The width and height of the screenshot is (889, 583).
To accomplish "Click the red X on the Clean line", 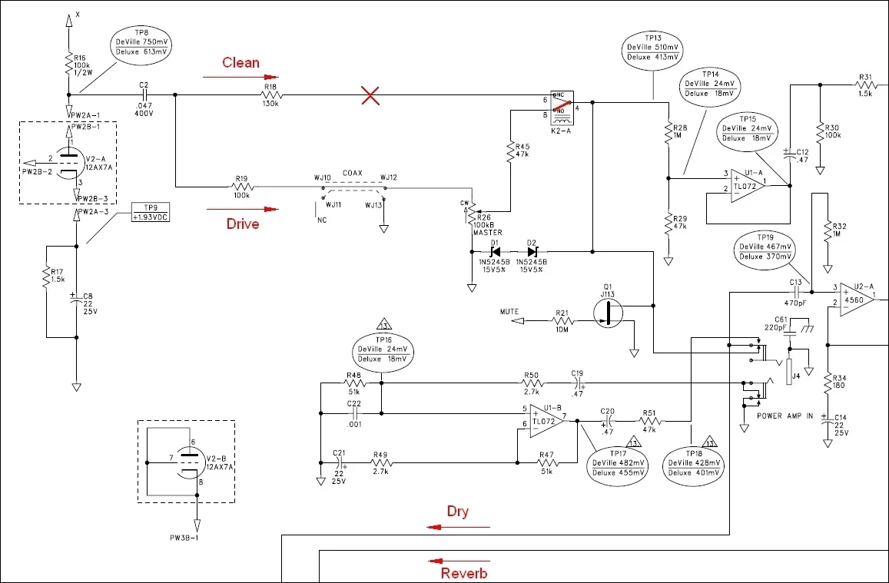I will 371,95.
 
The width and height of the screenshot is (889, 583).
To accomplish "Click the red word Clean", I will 240,62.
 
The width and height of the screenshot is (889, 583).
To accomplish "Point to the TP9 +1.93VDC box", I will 149,213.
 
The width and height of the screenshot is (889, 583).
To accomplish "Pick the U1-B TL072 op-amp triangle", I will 546,419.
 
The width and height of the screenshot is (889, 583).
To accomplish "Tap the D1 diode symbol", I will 496,251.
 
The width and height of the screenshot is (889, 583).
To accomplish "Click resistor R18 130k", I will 270,95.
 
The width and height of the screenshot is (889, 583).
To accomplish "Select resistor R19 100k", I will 243,186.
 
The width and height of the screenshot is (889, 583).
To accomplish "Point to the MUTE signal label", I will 509,312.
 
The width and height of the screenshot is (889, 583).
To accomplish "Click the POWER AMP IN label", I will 784,416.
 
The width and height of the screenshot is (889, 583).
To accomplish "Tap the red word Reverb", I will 463,573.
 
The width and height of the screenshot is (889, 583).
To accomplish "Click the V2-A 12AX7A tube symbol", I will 68,162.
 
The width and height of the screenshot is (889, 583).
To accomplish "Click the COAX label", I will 353,173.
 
